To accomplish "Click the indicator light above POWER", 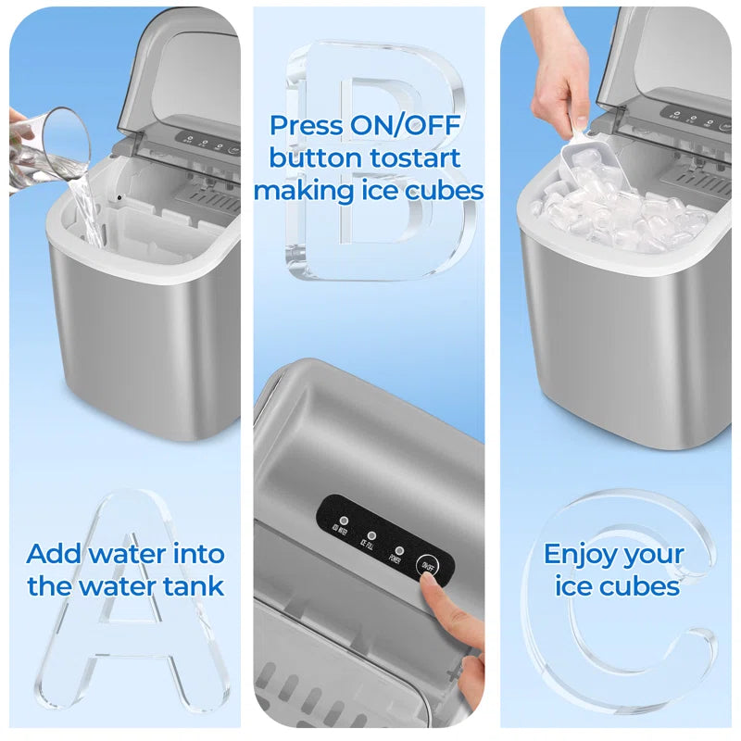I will click(399, 547).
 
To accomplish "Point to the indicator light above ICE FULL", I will click(372, 534).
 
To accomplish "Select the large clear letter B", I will click(370, 157).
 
